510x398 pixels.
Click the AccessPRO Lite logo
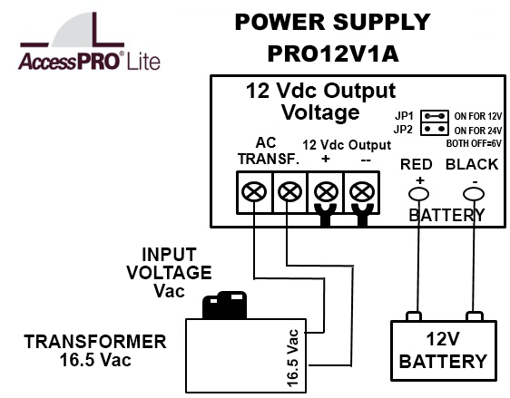(x=90, y=42)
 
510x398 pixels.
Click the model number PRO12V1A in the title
(x=333, y=53)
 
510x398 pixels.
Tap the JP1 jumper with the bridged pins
(x=435, y=116)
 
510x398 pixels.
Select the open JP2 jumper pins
(x=435, y=129)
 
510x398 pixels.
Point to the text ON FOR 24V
(x=478, y=131)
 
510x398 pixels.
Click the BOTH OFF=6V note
(x=474, y=143)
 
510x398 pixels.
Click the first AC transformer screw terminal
(x=254, y=192)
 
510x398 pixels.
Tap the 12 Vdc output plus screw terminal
(x=326, y=192)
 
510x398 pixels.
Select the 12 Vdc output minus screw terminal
(x=362, y=192)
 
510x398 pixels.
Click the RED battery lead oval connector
(x=418, y=194)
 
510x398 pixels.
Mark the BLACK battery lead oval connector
(x=474, y=194)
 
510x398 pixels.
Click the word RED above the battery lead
(x=416, y=164)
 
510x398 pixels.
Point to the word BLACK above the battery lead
(x=472, y=164)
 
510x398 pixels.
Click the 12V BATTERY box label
(x=443, y=351)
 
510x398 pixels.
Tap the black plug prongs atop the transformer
(x=224, y=305)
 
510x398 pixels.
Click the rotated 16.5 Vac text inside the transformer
(x=293, y=358)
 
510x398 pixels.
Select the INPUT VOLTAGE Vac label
(x=169, y=272)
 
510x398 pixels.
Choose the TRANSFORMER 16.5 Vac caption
(x=95, y=351)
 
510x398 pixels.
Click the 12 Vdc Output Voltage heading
(x=320, y=102)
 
